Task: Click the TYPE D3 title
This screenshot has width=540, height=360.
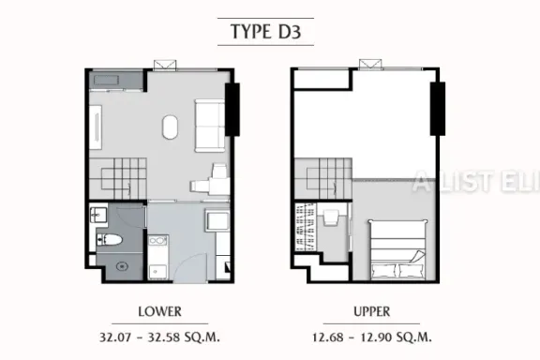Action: point(265,32)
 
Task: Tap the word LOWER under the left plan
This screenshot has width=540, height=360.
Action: point(159,312)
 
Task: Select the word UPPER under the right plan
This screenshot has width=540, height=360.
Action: point(372,312)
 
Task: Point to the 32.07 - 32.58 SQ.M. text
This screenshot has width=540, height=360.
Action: point(159,337)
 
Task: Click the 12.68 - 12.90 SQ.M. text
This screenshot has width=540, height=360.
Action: point(372,337)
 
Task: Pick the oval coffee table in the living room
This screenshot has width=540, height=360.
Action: point(170,127)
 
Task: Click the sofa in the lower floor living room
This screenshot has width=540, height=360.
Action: point(210,126)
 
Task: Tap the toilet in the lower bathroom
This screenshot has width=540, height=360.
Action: point(110,239)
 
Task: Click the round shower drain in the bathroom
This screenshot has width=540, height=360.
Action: point(122,266)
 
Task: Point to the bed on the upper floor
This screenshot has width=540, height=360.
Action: point(397,249)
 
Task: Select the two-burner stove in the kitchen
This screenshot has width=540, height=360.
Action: point(158,240)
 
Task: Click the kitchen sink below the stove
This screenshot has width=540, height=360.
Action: point(157,272)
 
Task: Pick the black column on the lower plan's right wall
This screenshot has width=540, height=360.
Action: point(232,110)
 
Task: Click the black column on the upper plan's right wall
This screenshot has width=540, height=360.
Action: point(438,109)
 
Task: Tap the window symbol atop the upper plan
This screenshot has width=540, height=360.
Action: point(370,65)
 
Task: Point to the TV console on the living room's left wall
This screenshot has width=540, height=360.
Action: point(96,127)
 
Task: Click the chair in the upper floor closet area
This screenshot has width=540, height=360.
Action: point(331,217)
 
